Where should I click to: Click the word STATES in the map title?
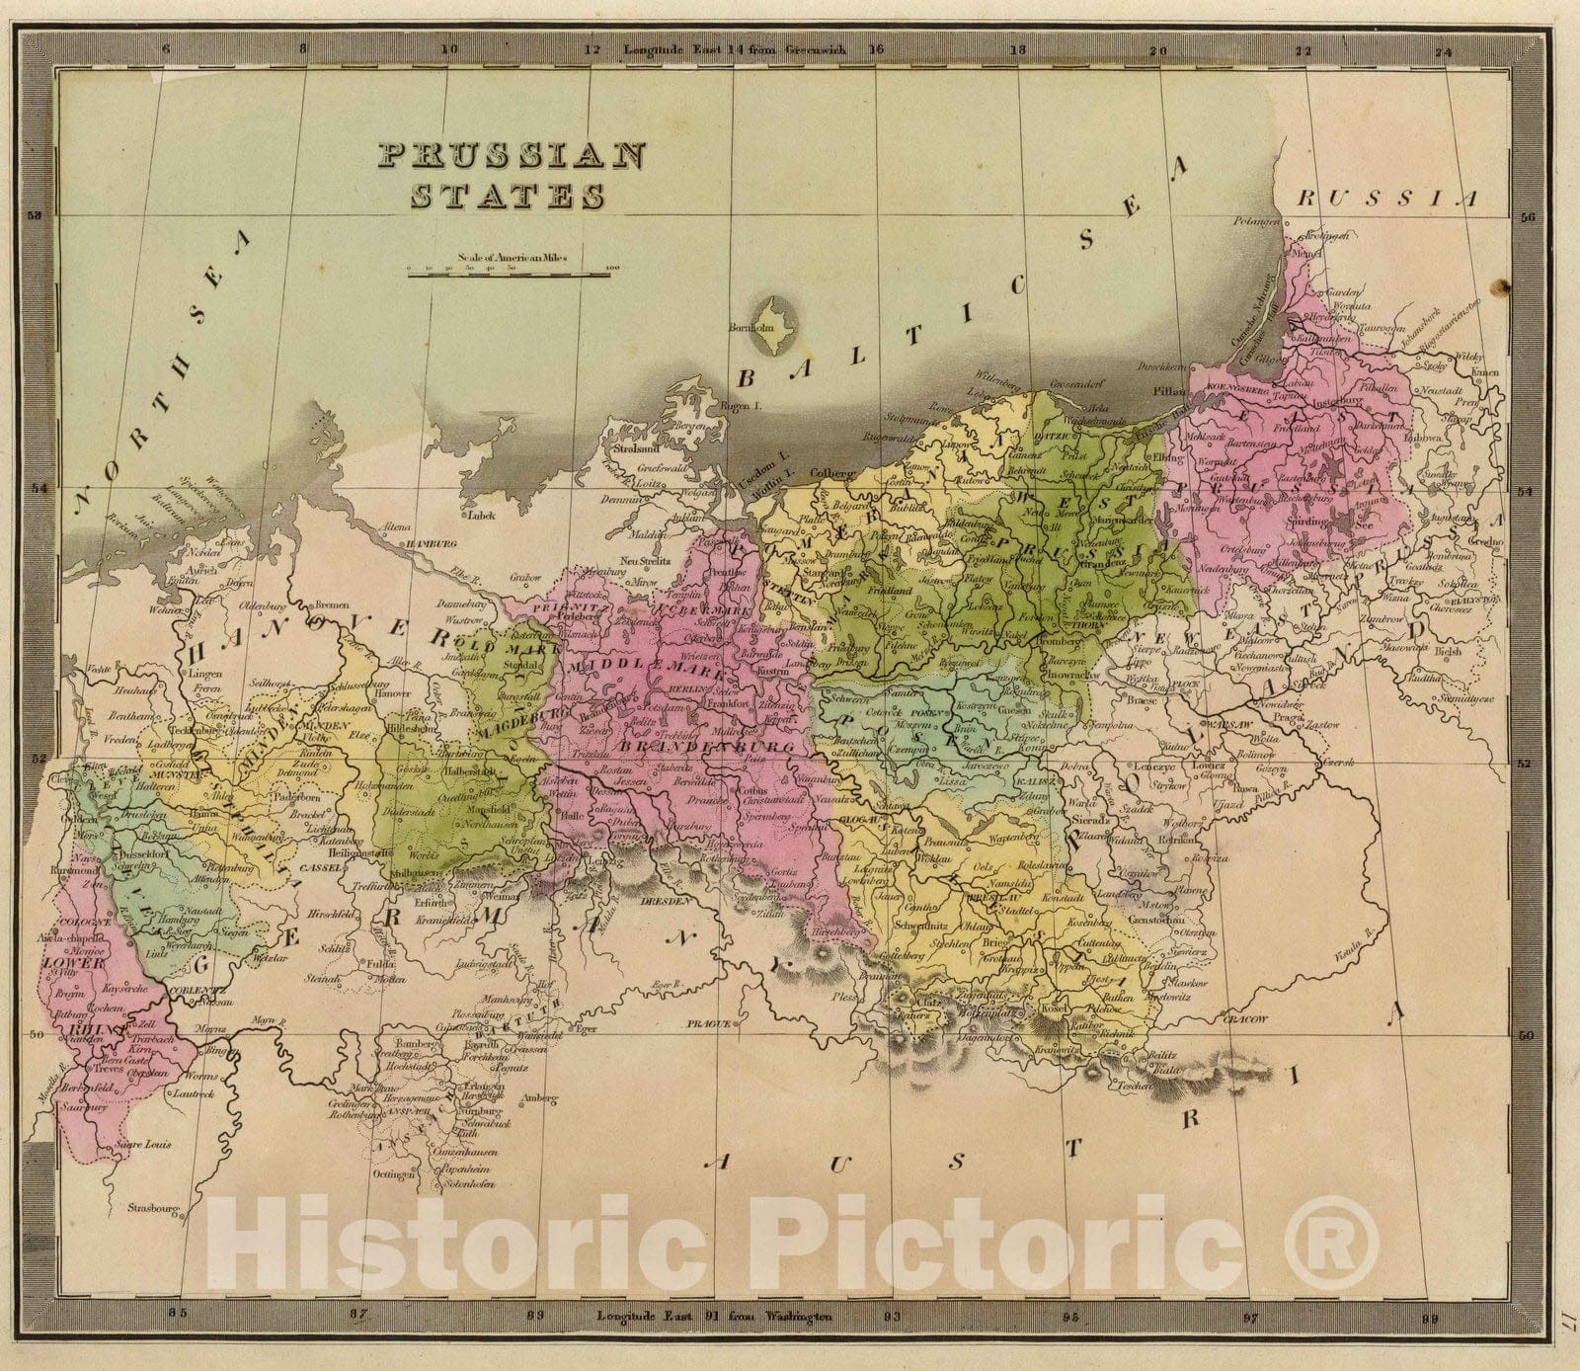coord(506,197)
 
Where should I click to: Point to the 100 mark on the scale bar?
coord(611,267)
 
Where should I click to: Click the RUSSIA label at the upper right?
coord(1388,199)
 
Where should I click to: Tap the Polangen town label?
coord(1256,223)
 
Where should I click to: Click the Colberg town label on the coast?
coord(831,473)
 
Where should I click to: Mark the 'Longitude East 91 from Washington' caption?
coord(715,1316)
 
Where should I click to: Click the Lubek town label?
coord(482,514)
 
